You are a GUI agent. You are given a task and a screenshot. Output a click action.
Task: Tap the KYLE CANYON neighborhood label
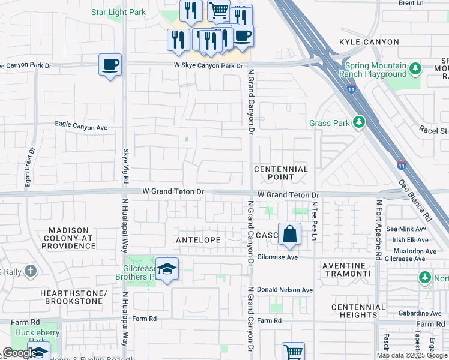[x=369, y=42]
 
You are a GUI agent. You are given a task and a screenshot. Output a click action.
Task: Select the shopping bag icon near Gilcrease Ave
[x=289, y=235]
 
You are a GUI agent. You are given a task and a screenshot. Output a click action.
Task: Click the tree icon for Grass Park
[x=359, y=122]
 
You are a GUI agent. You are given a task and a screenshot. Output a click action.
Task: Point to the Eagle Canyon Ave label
[x=81, y=127]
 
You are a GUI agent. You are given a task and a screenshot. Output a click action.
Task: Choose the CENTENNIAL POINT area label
[x=281, y=173]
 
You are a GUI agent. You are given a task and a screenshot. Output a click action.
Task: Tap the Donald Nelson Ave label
[x=285, y=290]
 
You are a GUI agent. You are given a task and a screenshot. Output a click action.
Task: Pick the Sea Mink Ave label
[x=406, y=229]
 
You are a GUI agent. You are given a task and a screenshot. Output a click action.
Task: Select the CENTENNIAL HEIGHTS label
[x=358, y=311]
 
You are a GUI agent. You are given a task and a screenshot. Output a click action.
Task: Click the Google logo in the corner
[x=19, y=353]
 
